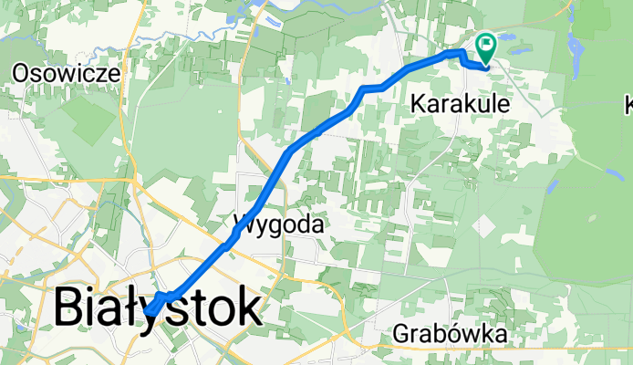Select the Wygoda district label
coord(280,223)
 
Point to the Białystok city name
coord(157,308)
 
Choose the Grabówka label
coord(451,335)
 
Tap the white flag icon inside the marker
coord(485,42)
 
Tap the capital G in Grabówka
coord(402,335)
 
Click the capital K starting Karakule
coord(419,105)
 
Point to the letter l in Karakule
coord(490,105)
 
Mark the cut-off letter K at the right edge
coord(628,105)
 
